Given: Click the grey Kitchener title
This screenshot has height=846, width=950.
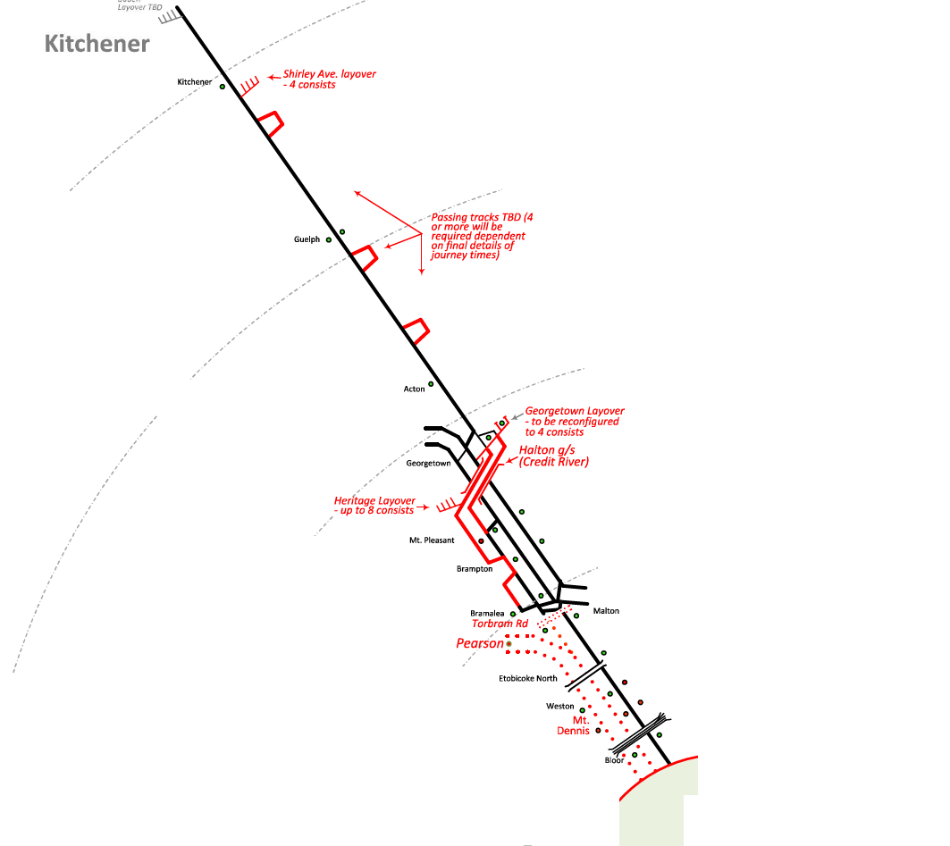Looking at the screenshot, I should click(97, 43).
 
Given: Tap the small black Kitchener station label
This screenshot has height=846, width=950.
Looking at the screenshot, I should click(195, 82).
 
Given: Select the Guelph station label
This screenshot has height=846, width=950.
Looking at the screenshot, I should click(307, 239).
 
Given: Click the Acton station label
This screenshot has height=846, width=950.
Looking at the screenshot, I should click(414, 389).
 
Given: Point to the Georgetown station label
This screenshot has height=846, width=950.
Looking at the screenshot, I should click(428, 464).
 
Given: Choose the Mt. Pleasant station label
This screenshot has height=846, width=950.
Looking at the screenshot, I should click(432, 540).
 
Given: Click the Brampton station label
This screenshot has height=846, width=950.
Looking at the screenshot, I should click(475, 569).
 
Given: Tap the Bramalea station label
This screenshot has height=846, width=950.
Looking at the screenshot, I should click(487, 614).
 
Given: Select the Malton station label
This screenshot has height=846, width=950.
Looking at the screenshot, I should click(606, 611).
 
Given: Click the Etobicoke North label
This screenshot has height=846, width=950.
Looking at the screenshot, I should click(527, 679).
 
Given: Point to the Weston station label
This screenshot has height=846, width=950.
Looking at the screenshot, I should click(560, 707).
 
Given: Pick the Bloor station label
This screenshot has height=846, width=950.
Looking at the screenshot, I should click(614, 761).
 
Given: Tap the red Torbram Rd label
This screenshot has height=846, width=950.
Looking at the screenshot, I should click(500, 624).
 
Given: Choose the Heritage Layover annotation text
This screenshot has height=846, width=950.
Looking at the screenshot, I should click(374, 506).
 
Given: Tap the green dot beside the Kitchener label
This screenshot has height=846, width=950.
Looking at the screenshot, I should click(223, 87).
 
